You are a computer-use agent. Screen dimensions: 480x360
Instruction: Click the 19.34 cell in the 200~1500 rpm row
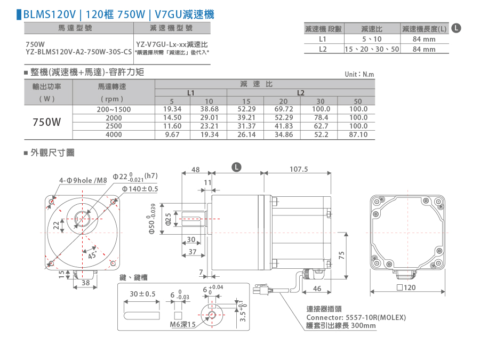[172, 109]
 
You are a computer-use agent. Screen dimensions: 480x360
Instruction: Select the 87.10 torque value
[358, 134]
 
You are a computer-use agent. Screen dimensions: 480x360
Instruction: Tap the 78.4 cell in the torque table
[321, 117]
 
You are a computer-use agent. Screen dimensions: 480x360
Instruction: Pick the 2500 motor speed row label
[114, 126]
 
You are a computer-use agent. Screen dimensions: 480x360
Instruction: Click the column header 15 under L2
[246, 101]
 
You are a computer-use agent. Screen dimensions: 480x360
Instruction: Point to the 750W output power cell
[47, 122]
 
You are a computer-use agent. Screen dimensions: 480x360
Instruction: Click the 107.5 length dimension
[299, 169]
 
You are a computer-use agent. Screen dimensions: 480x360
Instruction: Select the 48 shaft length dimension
[196, 169]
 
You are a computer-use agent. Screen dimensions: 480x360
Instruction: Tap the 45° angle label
[92, 255]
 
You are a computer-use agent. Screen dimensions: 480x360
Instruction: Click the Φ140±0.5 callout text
[140, 189]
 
